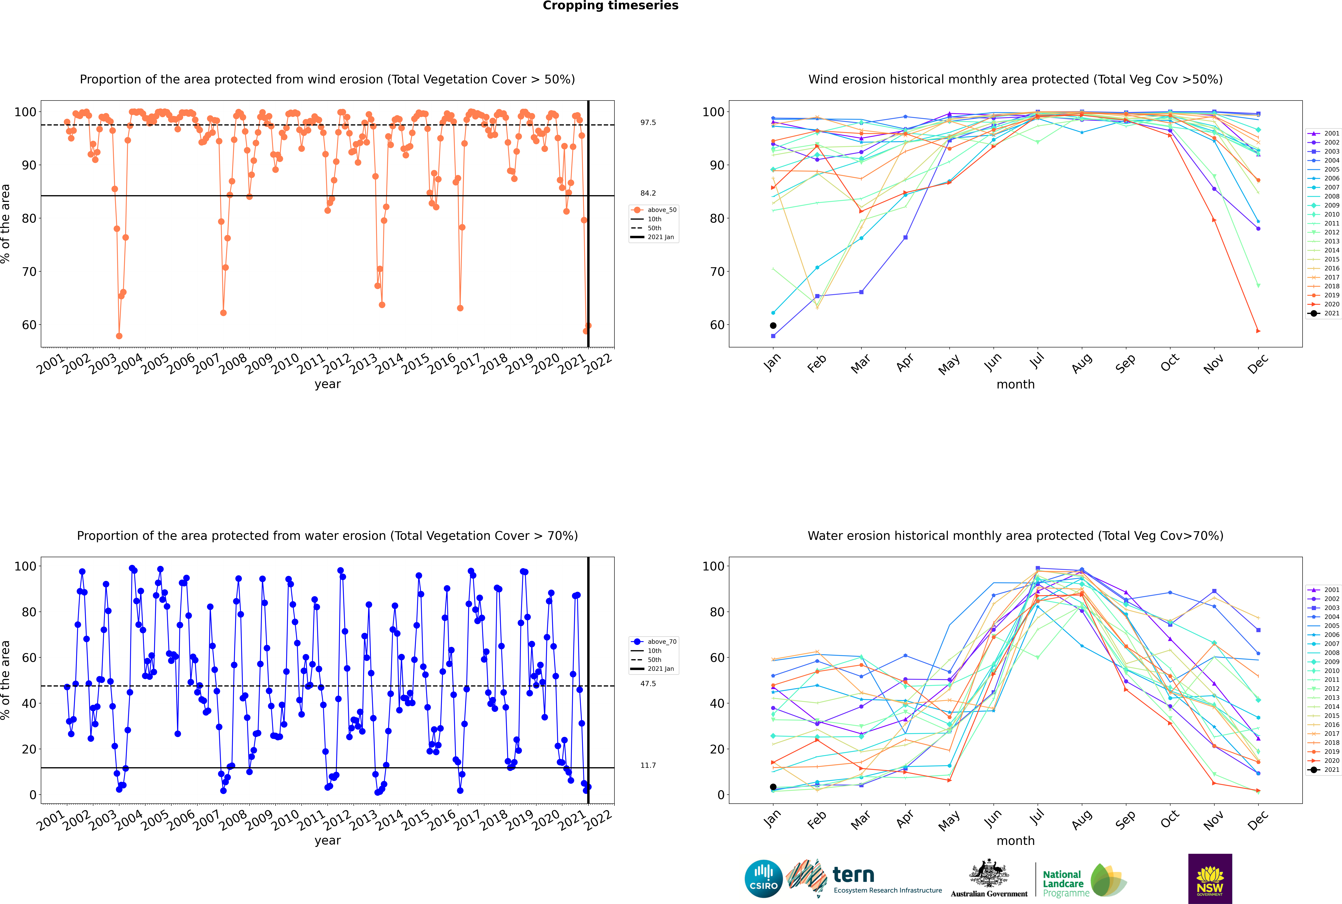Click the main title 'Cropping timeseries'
(610, 6)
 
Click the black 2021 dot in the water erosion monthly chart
(773, 787)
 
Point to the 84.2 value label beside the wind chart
(648, 193)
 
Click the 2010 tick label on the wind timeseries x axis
(285, 364)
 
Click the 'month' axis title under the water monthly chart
(1015, 841)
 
